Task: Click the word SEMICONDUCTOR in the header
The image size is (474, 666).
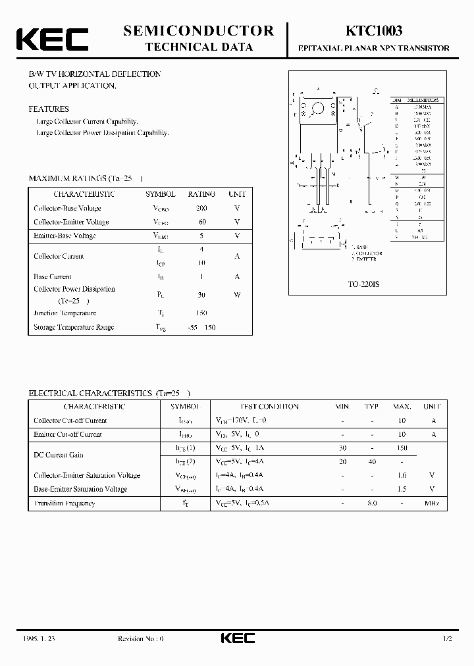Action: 198,30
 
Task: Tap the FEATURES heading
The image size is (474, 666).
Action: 48,109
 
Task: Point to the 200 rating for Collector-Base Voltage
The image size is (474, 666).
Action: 201,208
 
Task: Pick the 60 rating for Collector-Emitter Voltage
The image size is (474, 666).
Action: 201,222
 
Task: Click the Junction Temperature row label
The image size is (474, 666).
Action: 65,313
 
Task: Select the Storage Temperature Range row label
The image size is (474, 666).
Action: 74,327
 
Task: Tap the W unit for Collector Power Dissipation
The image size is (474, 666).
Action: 237,295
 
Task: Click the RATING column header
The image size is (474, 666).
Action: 201,194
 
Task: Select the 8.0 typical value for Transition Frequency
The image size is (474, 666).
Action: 372,503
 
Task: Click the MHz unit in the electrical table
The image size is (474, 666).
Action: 431,503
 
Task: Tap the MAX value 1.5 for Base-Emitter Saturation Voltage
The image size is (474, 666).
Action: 402,490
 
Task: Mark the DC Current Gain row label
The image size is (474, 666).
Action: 59,455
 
